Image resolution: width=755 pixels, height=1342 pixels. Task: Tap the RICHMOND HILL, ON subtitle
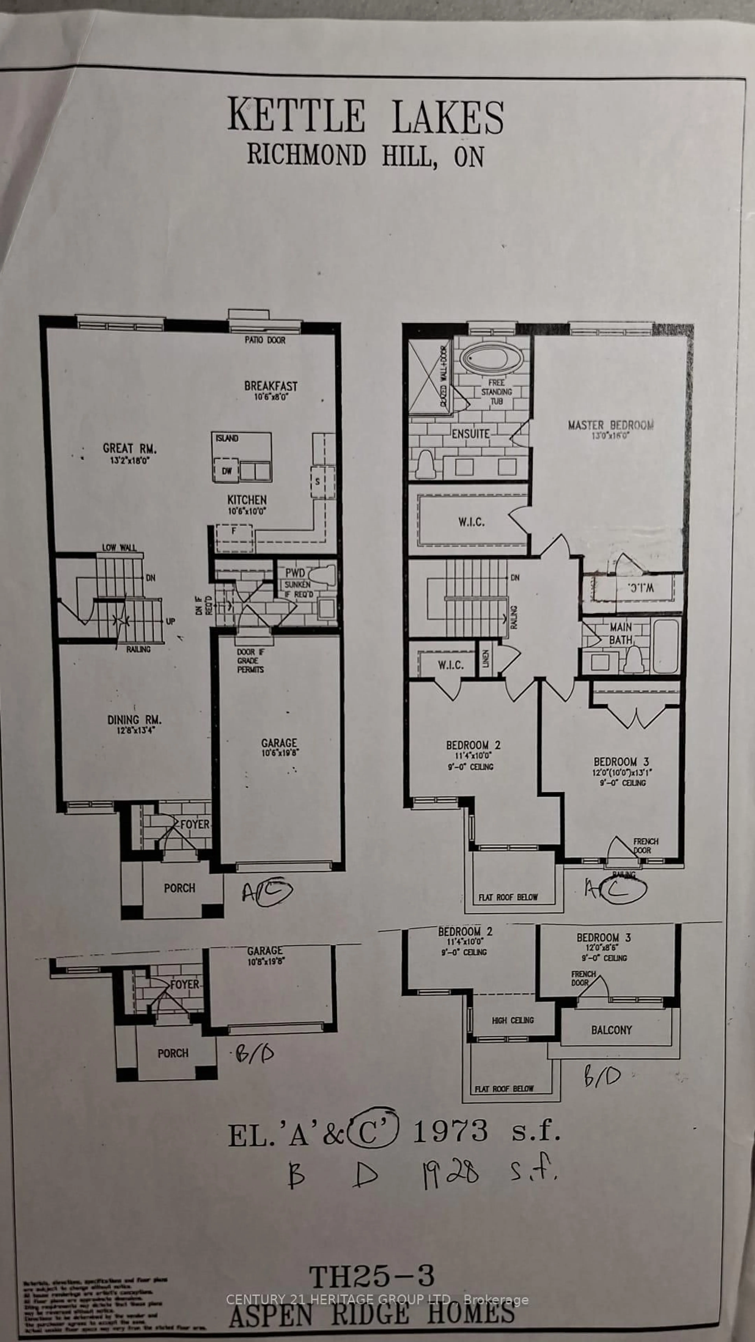pyautogui.click(x=366, y=155)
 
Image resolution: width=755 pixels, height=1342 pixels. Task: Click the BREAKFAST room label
pyautogui.click(x=270, y=386)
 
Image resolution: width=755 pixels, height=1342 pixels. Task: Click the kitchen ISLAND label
pyautogui.click(x=227, y=439)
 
